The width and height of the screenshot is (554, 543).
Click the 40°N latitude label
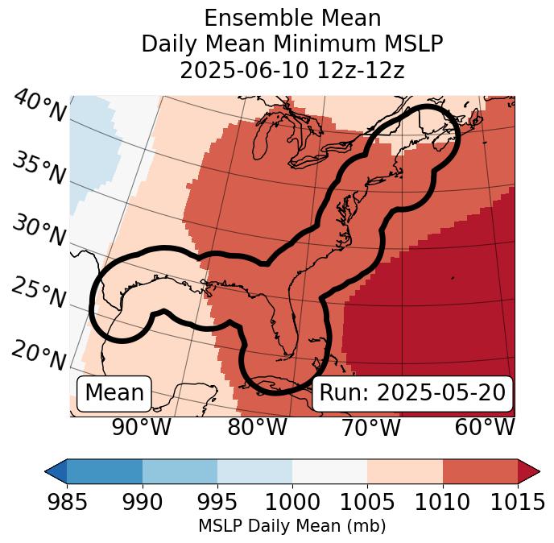pyautogui.click(x=38, y=106)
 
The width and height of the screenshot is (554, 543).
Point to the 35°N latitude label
pyautogui.click(x=38, y=168)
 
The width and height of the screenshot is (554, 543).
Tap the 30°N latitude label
pyautogui.click(x=38, y=231)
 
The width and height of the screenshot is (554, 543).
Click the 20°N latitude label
pyautogui.click(x=38, y=354)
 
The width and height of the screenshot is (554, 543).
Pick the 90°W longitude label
pyautogui.click(x=142, y=427)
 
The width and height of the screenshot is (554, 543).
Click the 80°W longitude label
pyautogui.click(x=257, y=427)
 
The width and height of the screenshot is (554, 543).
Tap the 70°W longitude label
pyautogui.click(x=371, y=427)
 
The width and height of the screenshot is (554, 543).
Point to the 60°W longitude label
pyautogui.click(x=485, y=427)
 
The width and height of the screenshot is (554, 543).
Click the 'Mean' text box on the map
pyautogui.click(x=114, y=393)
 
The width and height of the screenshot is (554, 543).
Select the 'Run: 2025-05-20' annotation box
pyautogui.click(x=412, y=393)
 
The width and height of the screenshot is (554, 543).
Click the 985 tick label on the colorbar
pyautogui.click(x=67, y=502)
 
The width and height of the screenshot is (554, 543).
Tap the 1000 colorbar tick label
pyautogui.click(x=292, y=502)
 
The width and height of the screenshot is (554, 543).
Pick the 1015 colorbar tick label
pyautogui.click(x=517, y=502)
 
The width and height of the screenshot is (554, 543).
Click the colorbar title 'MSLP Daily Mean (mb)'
pyautogui.click(x=291, y=526)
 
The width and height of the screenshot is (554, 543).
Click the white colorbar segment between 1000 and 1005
pyautogui.click(x=329, y=470)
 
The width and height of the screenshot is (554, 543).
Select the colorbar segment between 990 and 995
pyautogui.click(x=180, y=470)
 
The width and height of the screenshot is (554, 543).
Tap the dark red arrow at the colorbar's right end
pyautogui.click(x=528, y=470)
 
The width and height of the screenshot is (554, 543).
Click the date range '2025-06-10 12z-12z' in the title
pyautogui.click(x=291, y=70)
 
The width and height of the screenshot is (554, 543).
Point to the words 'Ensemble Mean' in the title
pyautogui.click(x=291, y=18)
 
